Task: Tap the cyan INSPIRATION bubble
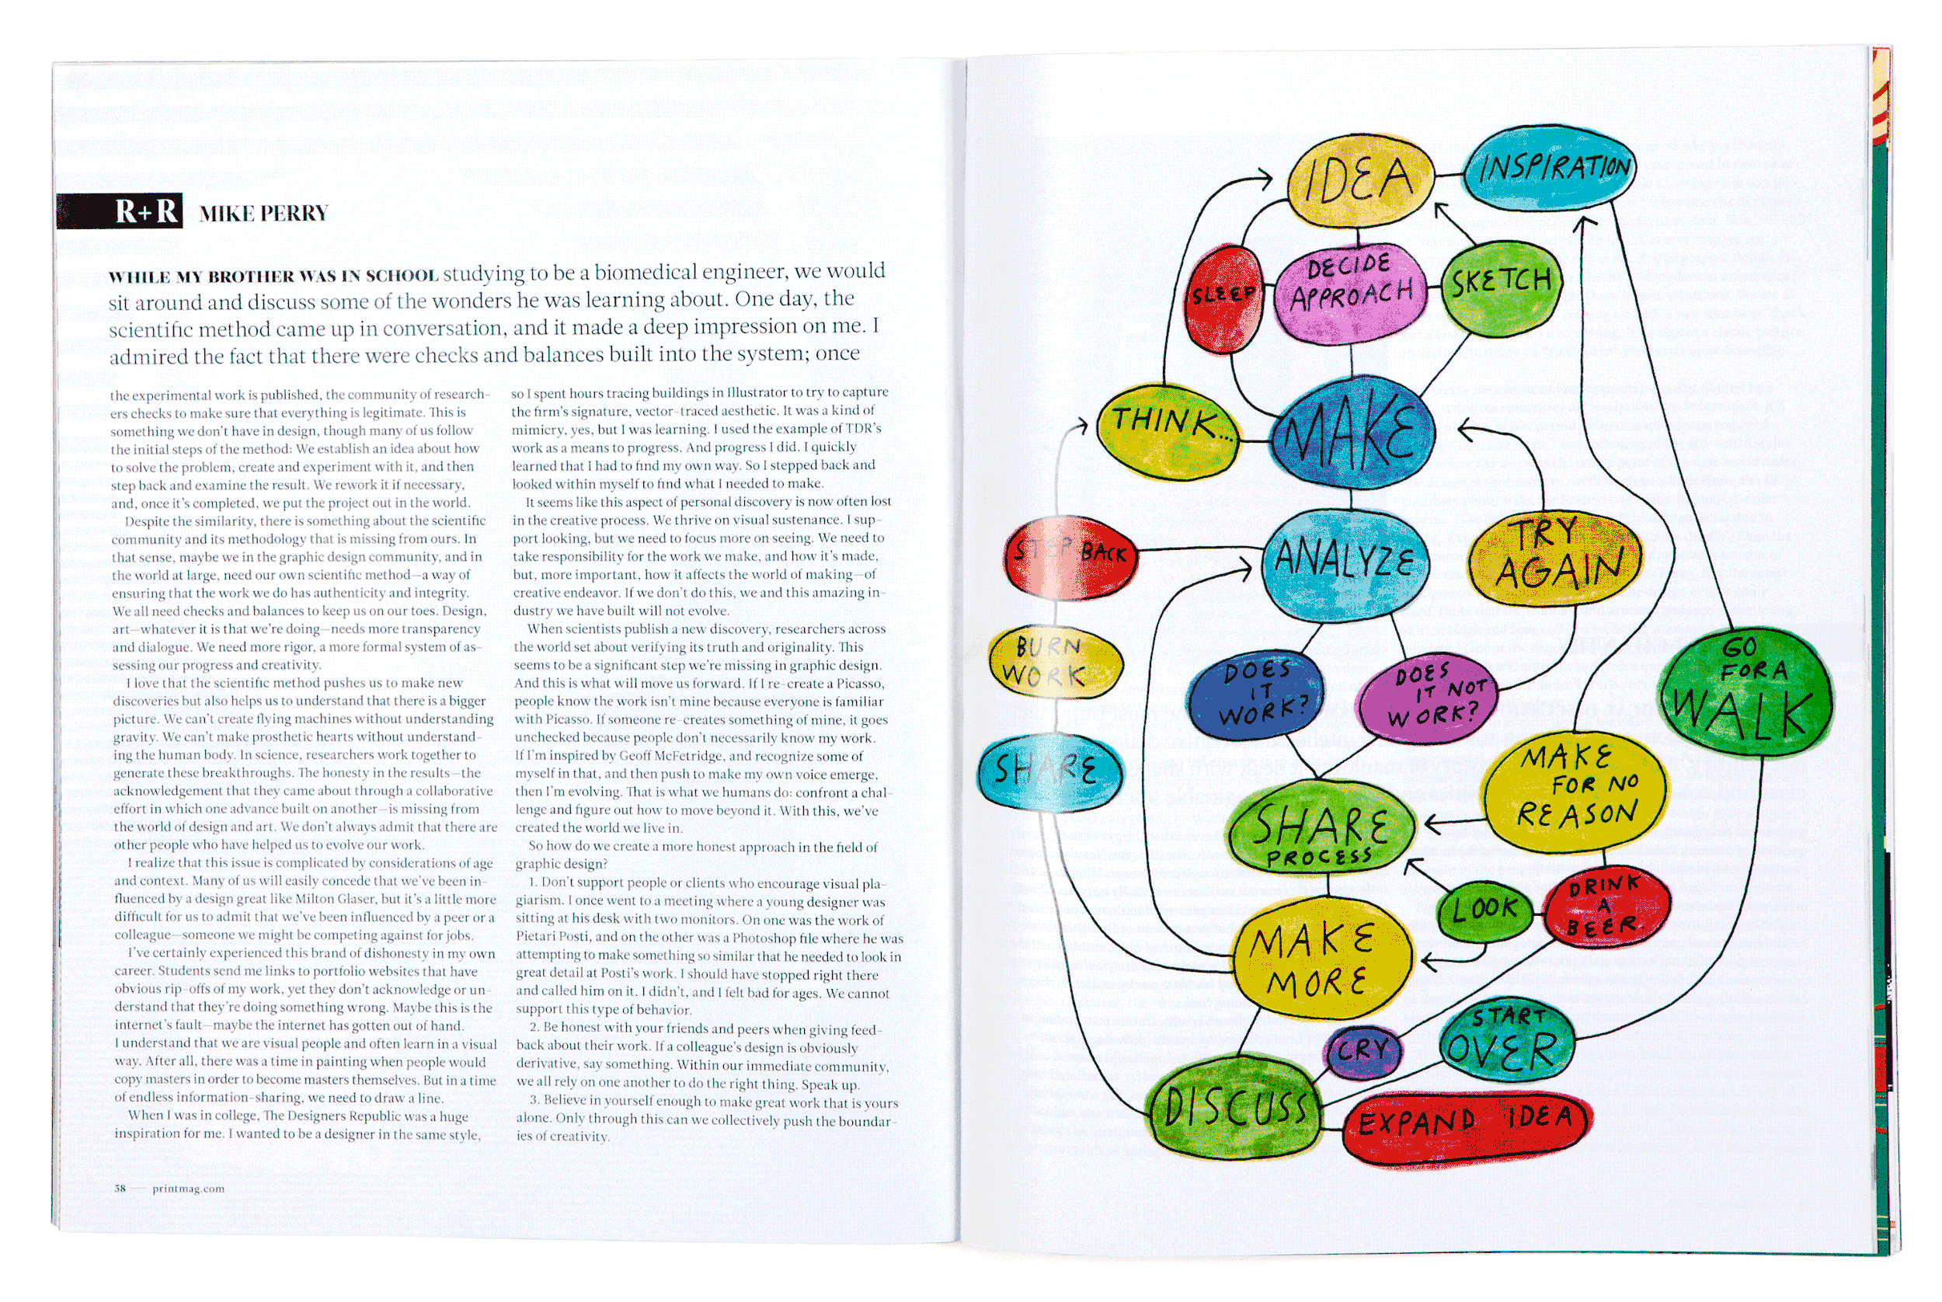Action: point(1548,169)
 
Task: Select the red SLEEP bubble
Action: point(1223,298)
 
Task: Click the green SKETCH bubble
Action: point(1501,285)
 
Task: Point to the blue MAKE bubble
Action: point(1351,432)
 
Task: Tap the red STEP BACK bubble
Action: point(1070,555)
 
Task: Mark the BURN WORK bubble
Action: point(1054,662)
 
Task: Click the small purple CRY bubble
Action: point(1362,1050)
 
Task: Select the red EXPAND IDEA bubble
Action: point(1465,1125)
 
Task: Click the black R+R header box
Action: point(120,212)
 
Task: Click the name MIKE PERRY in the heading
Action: point(263,214)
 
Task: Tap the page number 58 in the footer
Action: point(120,1189)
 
